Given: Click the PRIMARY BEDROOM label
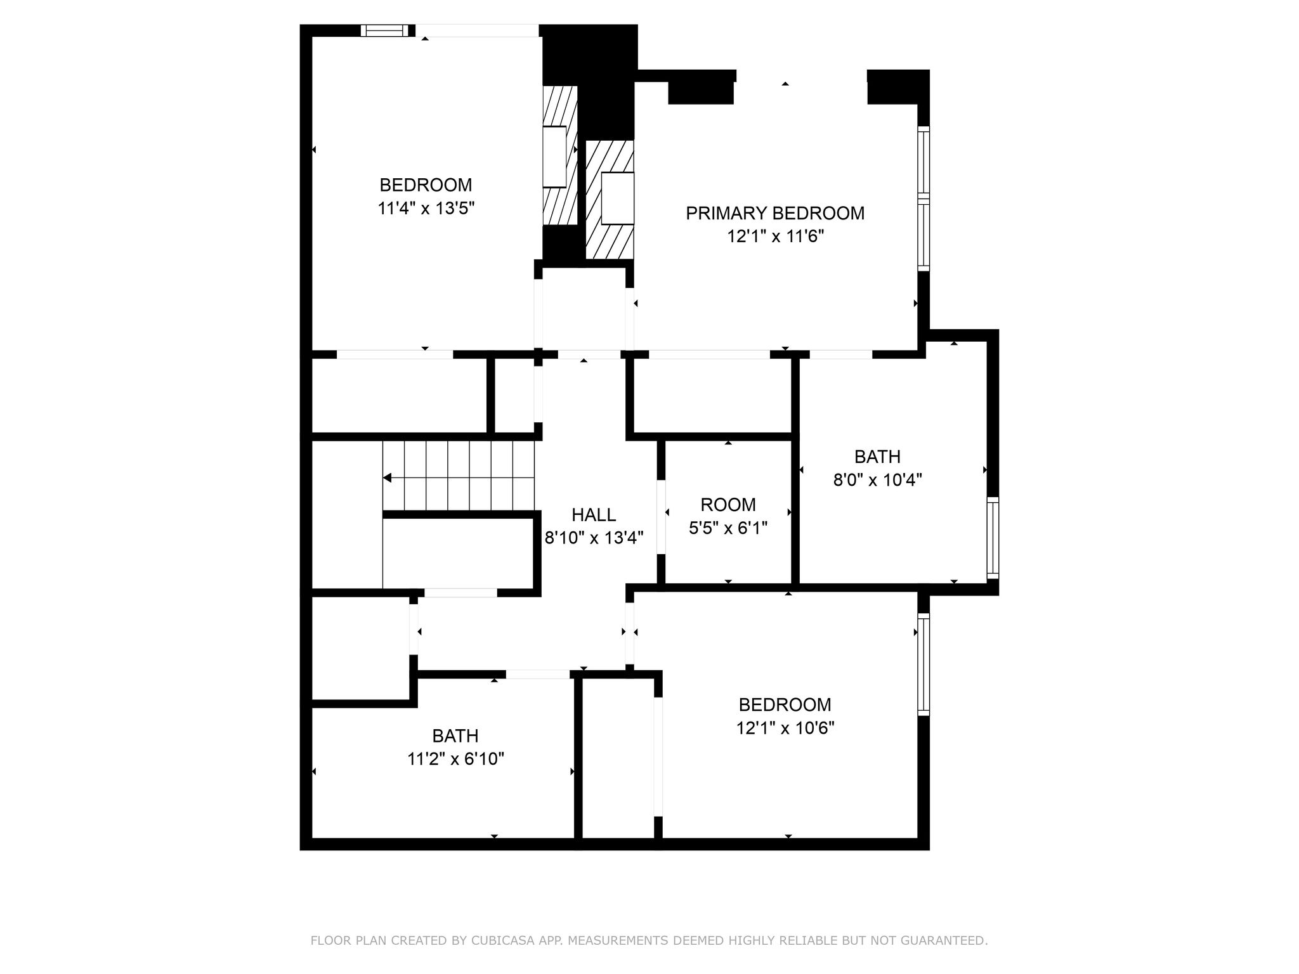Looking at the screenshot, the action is tap(775, 213).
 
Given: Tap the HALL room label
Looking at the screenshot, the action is tap(594, 514).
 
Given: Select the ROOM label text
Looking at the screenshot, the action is tap(728, 505).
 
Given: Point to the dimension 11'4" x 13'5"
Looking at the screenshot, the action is tap(426, 208).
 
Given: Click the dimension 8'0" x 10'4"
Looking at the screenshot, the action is tap(877, 479).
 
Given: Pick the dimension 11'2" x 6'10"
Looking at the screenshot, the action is tap(455, 758).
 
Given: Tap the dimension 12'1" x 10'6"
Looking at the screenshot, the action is tap(785, 727).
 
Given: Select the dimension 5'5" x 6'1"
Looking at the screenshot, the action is tap(728, 528).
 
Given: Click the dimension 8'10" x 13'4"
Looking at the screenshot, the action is tap(594, 538).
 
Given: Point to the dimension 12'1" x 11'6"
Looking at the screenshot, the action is tap(775, 237).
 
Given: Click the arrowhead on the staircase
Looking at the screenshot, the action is tap(387, 477).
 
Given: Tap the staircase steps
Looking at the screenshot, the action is tap(459, 476).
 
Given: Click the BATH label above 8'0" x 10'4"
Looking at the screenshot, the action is tap(877, 457).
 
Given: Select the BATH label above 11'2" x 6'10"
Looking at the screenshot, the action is tap(455, 736).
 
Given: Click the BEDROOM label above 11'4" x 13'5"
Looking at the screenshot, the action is tap(426, 185).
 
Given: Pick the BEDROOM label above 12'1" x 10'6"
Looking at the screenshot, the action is tap(785, 705).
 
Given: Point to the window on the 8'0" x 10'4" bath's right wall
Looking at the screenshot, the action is tap(993, 538).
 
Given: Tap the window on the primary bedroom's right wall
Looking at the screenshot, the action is tap(924, 198).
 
